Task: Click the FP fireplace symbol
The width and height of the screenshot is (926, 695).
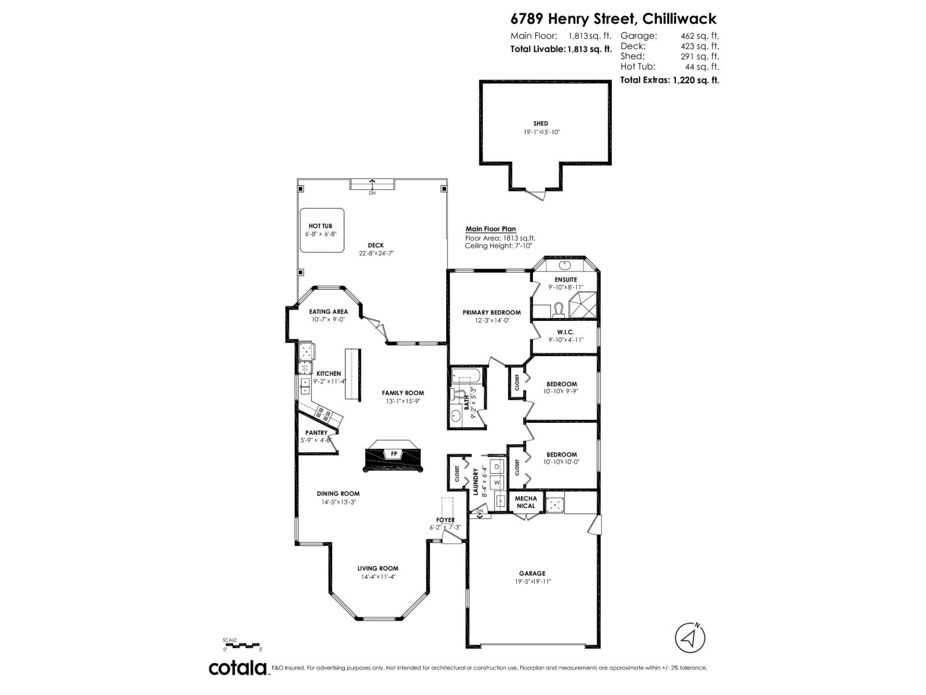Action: pyautogui.click(x=394, y=454)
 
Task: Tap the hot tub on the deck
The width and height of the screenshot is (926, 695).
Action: pyautogui.click(x=322, y=230)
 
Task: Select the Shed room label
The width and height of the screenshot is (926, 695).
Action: pyautogui.click(x=541, y=123)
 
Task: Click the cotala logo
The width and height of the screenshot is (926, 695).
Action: pyautogui.click(x=238, y=668)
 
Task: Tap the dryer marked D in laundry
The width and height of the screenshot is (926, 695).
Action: pyautogui.click(x=497, y=467)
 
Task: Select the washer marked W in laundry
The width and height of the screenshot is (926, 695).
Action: pyautogui.click(x=497, y=482)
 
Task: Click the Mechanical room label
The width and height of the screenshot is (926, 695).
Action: pyautogui.click(x=526, y=502)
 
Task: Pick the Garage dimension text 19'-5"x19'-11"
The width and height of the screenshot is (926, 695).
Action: pyautogui.click(x=532, y=581)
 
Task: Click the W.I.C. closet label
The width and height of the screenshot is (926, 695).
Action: pyautogui.click(x=565, y=332)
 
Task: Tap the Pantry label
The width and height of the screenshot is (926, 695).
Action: pyautogui.click(x=316, y=433)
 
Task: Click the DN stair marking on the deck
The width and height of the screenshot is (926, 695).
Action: pyautogui.click(x=372, y=193)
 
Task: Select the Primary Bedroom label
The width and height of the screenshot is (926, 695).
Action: pyautogui.click(x=491, y=312)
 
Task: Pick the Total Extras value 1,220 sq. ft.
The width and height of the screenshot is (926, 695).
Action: pyautogui.click(x=695, y=81)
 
